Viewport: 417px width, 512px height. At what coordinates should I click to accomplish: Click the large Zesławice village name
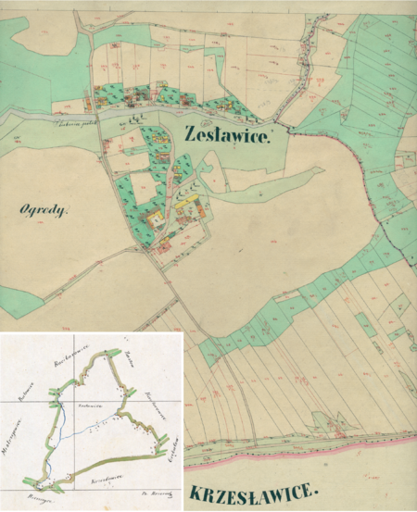227,136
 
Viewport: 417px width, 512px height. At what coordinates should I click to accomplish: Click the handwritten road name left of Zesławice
75,119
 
